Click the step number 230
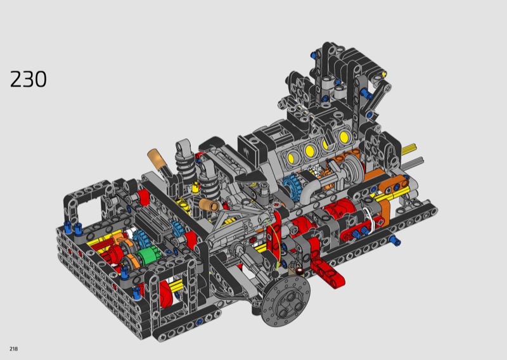coord(29,79)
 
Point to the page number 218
coord(13,349)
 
